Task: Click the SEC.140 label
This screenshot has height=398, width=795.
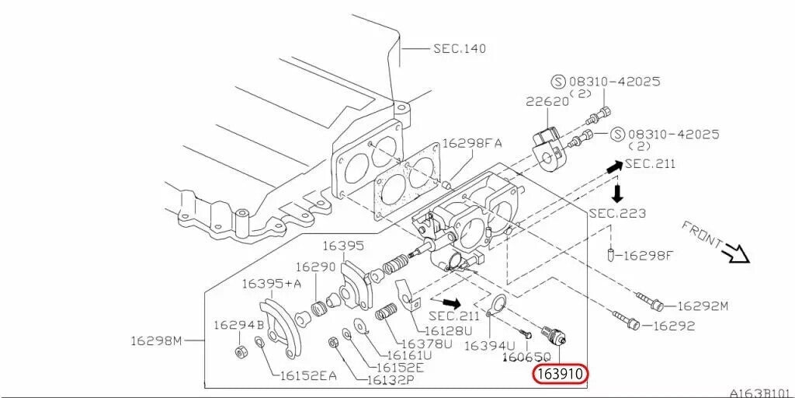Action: pos(460,48)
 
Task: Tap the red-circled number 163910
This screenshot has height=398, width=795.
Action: pos(561,375)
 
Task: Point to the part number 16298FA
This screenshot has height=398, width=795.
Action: pos(472,143)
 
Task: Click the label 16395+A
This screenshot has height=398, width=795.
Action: pos(272,283)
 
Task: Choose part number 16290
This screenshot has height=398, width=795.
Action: pos(318,267)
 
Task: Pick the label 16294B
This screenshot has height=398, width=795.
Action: pos(239,325)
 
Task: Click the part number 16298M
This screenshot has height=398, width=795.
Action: pos(155,340)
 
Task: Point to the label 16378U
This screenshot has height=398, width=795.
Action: pos(426,344)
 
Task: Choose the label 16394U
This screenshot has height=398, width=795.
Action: pos(490,345)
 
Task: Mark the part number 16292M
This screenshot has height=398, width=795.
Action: pos(703,306)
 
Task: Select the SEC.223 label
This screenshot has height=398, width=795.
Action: pos(617,213)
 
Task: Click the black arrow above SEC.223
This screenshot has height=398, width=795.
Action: pos(618,191)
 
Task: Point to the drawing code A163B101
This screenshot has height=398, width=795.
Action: pos(759,393)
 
